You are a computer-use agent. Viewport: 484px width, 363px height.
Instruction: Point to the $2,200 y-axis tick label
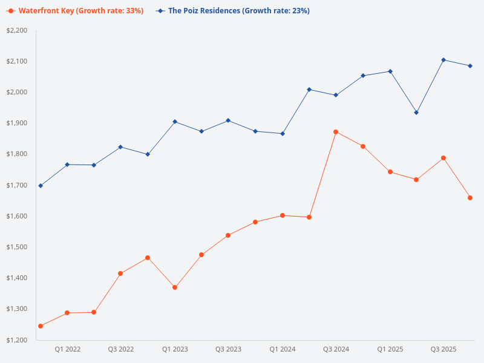point(17,31)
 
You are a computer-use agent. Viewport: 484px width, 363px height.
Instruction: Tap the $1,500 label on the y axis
point(17,247)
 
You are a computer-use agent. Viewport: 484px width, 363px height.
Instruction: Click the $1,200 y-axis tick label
point(17,340)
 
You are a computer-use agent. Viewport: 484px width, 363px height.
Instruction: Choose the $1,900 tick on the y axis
point(17,123)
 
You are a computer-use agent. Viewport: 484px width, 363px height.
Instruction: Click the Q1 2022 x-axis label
point(67,349)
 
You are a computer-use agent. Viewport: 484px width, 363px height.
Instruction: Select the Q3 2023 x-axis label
point(228,349)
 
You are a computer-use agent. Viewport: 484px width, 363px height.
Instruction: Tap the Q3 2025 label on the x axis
point(443,349)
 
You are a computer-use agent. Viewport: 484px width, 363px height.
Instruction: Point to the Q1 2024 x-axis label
point(282,349)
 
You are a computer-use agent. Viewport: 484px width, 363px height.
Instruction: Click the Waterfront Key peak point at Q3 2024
point(336,132)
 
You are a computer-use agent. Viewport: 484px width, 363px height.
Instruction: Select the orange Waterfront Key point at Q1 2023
point(175,287)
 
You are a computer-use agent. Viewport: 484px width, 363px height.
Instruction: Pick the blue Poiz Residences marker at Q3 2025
point(443,60)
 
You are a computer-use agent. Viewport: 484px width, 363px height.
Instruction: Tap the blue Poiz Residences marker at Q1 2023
point(175,122)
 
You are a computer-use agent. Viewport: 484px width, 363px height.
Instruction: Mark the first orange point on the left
point(41,326)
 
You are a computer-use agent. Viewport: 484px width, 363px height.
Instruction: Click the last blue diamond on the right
point(470,66)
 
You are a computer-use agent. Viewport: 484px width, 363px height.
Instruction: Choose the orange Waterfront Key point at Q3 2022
point(120,273)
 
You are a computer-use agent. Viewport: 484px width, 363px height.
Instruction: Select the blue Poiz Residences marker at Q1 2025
point(390,71)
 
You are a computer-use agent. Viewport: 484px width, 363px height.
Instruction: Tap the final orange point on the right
point(470,198)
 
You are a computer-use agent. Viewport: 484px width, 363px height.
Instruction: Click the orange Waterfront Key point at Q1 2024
point(282,215)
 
